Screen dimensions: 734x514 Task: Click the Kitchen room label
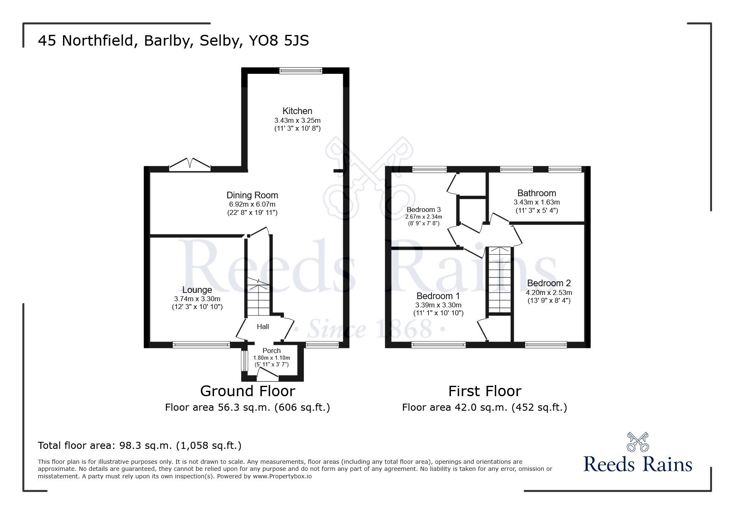[x=297, y=111]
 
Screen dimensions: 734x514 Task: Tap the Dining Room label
[x=252, y=195]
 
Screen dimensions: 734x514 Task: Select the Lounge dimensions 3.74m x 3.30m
[x=197, y=299]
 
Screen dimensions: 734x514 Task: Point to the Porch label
[x=271, y=351]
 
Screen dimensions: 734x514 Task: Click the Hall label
[x=263, y=326]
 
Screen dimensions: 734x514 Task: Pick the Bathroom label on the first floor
[x=537, y=193]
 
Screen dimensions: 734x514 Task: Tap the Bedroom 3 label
[x=424, y=209]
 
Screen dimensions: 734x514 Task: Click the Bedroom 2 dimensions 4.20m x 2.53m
[x=549, y=292]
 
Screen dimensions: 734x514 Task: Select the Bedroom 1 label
[x=438, y=296]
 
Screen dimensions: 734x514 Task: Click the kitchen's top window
[x=300, y=71]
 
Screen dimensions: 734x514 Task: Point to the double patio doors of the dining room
[x=190, y=165]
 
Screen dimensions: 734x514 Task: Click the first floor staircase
[x=499, y=280]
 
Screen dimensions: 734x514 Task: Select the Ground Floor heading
[x=247, y=391]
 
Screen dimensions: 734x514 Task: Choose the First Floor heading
[x=484, y=391]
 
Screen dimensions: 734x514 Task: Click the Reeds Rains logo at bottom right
[x=638, y=453]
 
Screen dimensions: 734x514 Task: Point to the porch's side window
[x=245, y=361]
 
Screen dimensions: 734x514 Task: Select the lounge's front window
[x=201, y=344]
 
